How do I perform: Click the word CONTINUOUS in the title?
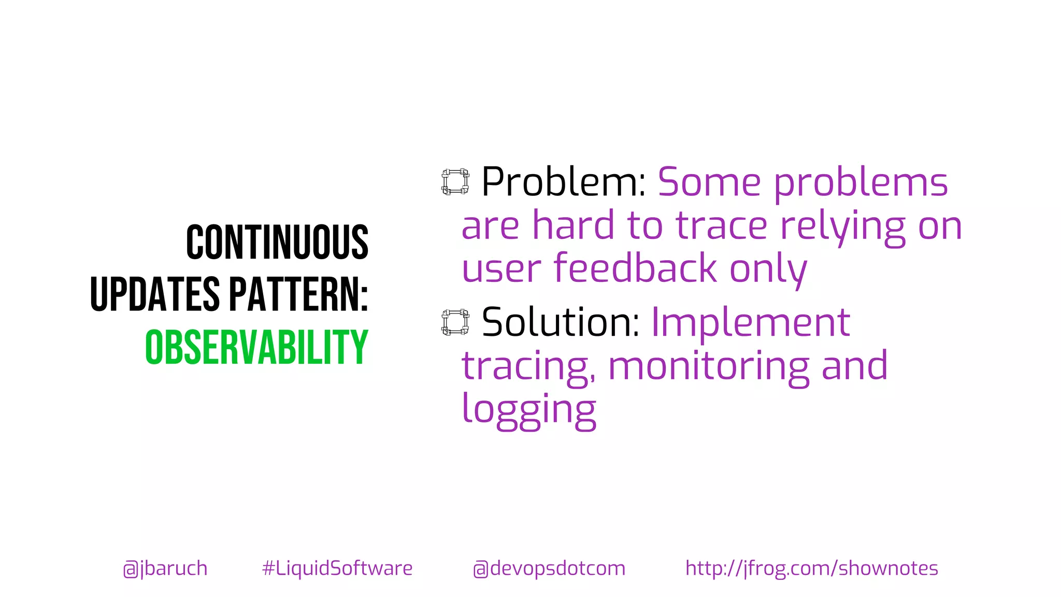pos(277,242)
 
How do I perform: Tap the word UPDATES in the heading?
pos(155,294)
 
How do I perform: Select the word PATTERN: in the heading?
pos(298,294)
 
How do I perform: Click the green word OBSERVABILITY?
pos(256,347)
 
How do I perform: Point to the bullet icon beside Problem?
pos(455,182)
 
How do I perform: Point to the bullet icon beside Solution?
pos(455,322)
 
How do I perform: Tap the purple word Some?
pos(709,182)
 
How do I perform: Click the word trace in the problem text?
pos(722,226)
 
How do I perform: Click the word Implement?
pos(751,322)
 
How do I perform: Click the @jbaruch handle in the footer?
pos(165,568)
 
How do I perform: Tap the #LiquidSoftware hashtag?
pos(337,568)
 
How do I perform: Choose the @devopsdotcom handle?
pos(549,568)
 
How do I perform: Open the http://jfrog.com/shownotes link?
pos(812,568)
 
